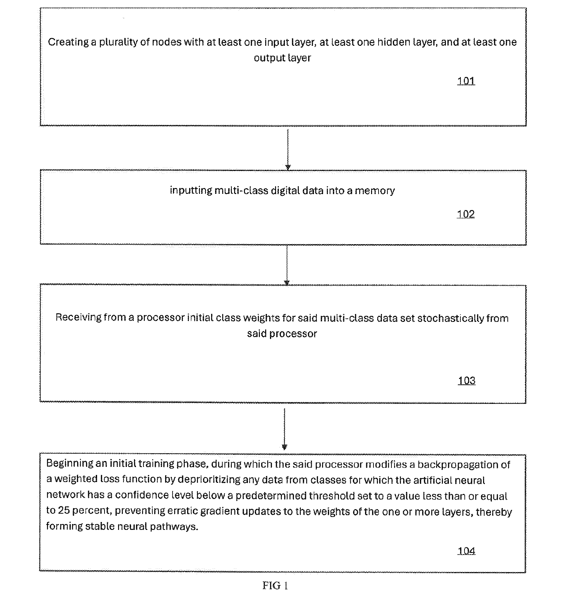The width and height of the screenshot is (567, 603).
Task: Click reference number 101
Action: (x=466, y=81)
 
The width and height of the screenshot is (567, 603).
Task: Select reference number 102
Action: (x=465, y=214)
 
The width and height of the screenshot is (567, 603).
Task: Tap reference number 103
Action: (x=466, y=380)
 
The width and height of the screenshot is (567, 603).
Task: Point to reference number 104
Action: (x=466, y=551)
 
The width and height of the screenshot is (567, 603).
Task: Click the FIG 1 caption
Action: (x=275, y=585)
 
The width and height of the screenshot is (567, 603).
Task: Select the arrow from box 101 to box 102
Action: (x=288, y=150)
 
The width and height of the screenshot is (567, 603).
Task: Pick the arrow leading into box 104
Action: (x=284, y=429)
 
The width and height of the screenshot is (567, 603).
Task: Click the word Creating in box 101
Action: (x=68, y=42)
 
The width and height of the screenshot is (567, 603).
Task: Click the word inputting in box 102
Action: (x=191, y=191)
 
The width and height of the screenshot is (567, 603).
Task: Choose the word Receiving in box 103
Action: (x=78, y=318)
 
